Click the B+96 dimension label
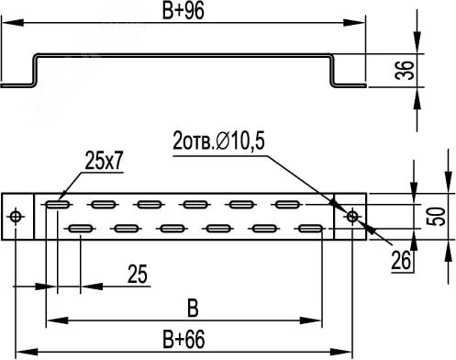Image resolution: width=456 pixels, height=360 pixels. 183,12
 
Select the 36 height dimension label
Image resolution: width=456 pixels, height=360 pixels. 405,71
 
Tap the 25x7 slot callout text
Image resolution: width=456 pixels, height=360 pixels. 104,161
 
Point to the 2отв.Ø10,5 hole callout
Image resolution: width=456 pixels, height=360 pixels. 218,141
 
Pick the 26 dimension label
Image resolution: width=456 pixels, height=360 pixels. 401,261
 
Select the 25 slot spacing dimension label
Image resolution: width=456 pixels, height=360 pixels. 138,274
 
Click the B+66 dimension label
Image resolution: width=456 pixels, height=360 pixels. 184,339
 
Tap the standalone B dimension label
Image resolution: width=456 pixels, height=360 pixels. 193,309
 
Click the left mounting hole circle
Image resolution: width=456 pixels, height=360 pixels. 16,217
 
